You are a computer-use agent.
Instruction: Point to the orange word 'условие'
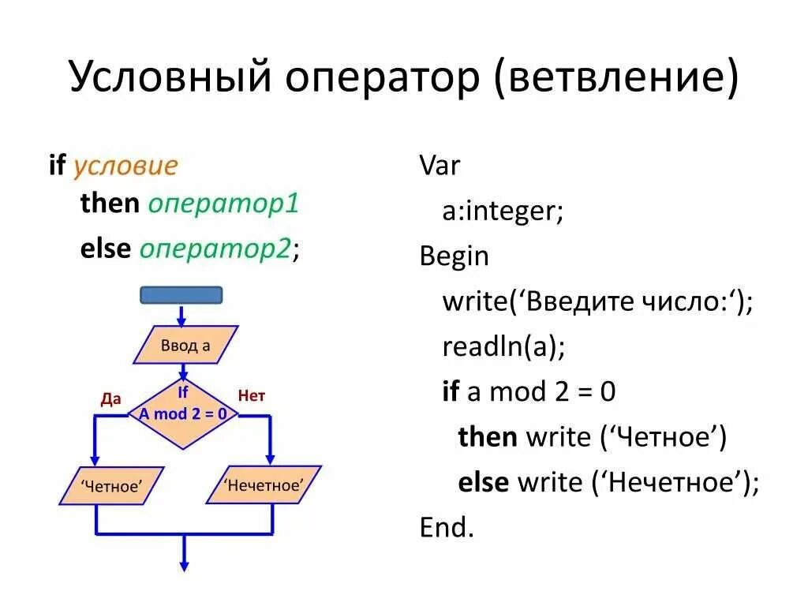(x=125, y=166)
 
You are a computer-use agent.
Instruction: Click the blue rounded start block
(x=181, y=295)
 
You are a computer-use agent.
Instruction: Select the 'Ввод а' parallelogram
(x=185, y=346)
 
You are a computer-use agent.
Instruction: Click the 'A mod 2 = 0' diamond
(x=183, y=413)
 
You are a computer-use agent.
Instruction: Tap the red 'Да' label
(x=111, y=398)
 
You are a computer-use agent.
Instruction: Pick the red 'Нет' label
(x=252, y=396)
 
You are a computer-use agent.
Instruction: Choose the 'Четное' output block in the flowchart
(x=111, y=486)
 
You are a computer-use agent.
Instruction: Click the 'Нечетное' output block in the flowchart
(x=264, y=484)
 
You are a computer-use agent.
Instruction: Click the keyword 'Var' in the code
(x=440, y=166)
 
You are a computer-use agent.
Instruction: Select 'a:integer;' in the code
(x=503, y=211)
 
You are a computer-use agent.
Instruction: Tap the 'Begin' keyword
(x=454, y=256)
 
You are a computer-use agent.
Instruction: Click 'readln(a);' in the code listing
(x=504, y=346)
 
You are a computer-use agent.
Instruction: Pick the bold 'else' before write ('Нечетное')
(x=483, y=482)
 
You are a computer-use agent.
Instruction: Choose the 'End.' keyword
(x=447, y=527)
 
